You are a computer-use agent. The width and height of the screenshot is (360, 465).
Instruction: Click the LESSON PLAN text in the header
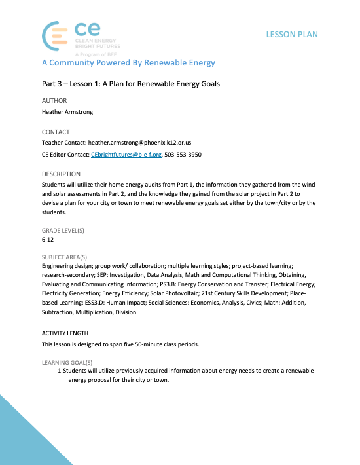click(292, 34)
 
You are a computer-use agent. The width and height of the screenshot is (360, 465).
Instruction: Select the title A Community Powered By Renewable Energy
click(128, 64)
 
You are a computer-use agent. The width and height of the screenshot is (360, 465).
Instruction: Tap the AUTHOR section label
click(54, 101)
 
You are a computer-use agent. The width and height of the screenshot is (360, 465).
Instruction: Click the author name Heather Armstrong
click(67, 112)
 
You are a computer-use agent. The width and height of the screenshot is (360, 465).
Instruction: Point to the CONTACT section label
click(56, 132)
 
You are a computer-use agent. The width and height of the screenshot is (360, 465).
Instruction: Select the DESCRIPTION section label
click(61, 174)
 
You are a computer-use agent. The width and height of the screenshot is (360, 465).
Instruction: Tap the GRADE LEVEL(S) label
click(63, 231)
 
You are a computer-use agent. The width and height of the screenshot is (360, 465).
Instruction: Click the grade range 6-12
click(48, 240)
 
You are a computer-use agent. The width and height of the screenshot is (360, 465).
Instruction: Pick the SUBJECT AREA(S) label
click(64, 257)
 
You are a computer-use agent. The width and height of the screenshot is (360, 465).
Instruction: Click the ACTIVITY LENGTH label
click(65, 333)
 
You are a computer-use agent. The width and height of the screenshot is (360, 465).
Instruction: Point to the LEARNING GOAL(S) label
click(67, 362)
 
